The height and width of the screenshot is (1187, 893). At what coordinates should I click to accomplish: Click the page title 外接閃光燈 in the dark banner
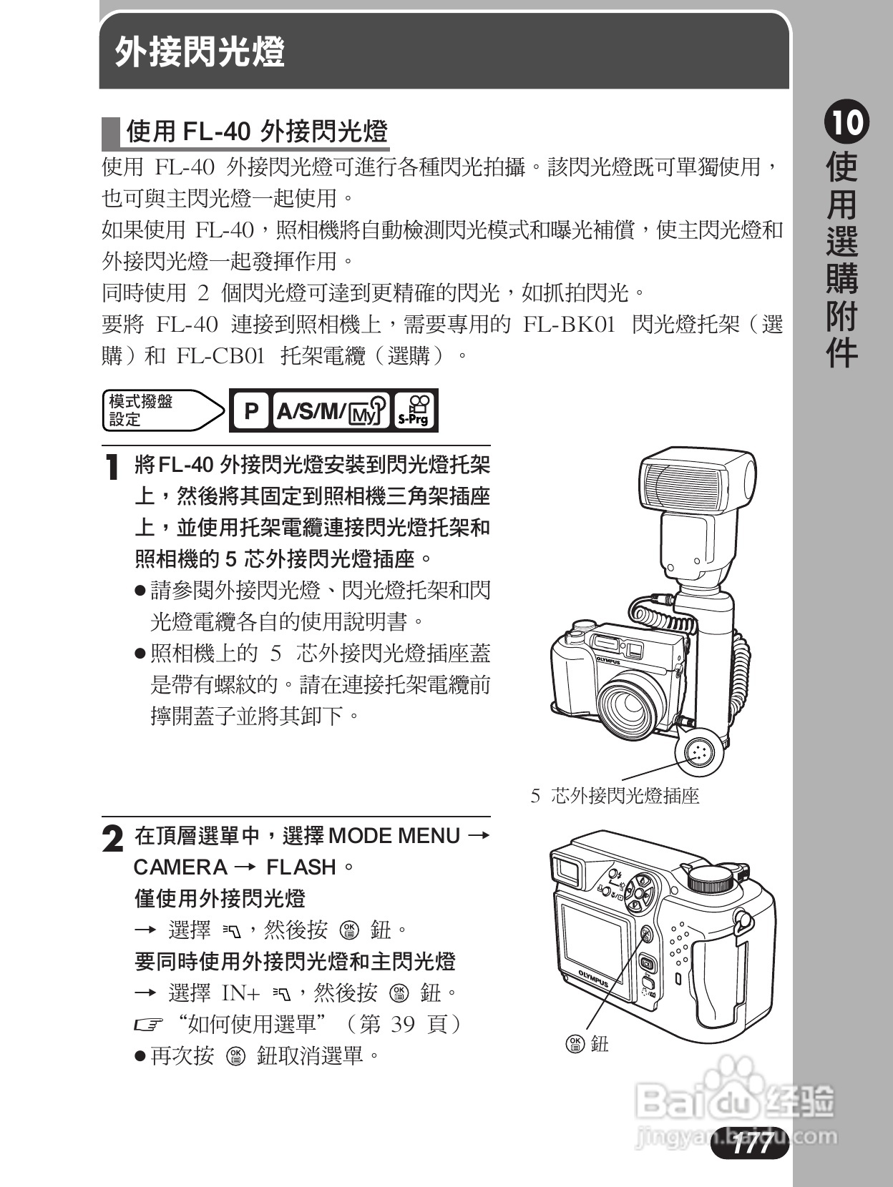pos(200,52)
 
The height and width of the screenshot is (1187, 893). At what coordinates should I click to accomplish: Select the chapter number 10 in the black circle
pos(846,123)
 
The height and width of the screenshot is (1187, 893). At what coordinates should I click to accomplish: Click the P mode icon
pos(250,411)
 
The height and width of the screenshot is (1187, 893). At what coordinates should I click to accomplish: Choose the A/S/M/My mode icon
pos(331,411)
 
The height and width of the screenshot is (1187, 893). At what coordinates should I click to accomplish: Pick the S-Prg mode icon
pos(414,411)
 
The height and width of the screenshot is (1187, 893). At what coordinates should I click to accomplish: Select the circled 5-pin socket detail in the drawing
pos(698,752)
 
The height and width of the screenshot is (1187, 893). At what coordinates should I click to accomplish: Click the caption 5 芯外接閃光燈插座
pos(615,796)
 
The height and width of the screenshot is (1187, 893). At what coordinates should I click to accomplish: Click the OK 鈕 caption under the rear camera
pos(587,1044)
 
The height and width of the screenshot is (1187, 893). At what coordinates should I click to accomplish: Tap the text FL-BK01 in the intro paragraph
pos(570,325)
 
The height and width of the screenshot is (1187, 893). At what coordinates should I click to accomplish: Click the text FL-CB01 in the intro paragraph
pos(220,356)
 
